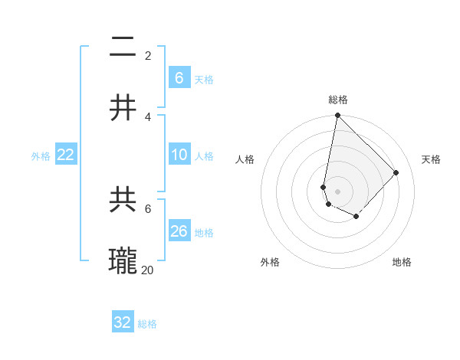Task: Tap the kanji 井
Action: pos(123,107)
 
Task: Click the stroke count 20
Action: pos(148,269)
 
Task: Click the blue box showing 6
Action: pos(179,77)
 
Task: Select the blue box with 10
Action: pos(179,155)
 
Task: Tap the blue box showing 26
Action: pos(179,231)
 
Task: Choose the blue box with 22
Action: pos(66,155)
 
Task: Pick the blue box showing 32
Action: pos(123,322)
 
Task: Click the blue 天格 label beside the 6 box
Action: pos(204,79)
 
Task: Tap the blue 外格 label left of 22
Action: pos(41,156)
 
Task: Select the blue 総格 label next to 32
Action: pos(147,324)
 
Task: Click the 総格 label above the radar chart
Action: pos(338,100)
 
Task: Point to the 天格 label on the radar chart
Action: pos(431,159)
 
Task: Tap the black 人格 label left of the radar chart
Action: pos(245,159)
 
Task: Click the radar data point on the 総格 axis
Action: pos(337,116)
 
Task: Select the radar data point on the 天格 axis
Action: pos(396,172)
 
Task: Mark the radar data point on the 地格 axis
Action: pos(356,217)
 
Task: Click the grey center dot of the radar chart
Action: pos(337,191)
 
